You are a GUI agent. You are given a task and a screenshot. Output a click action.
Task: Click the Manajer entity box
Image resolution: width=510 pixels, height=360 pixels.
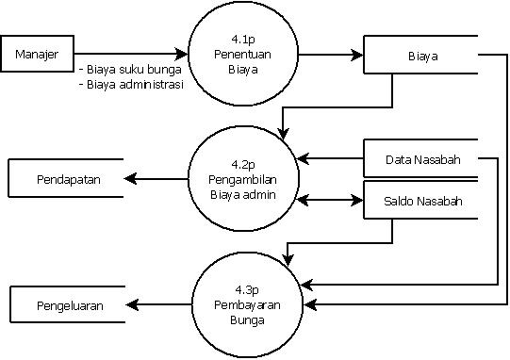(x=38, y=55)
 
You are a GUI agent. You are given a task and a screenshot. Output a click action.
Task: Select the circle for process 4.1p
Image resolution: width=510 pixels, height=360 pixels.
(x=237, y=55)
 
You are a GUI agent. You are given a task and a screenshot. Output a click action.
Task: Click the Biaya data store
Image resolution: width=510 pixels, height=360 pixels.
(x=421, y=55)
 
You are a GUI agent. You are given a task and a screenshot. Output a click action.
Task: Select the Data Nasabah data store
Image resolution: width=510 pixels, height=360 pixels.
(x=421, y=159)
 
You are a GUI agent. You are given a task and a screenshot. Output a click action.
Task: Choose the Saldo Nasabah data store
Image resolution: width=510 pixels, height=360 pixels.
(x=421, y=202)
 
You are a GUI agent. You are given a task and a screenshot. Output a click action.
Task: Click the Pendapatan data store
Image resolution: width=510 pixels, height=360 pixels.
(x=68, y=178)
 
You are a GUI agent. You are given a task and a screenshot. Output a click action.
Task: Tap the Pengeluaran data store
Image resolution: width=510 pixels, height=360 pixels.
(x=68, y=305)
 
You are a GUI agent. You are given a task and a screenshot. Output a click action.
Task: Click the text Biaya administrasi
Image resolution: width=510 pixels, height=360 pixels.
(x=132, y=84)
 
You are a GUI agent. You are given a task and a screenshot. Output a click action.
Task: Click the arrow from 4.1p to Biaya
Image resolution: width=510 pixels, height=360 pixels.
(x=325, y=55)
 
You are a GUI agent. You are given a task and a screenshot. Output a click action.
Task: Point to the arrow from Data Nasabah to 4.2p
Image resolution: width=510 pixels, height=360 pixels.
(x=330, y=158)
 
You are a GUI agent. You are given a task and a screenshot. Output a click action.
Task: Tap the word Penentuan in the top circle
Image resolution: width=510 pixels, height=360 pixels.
(x=237, y=55)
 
